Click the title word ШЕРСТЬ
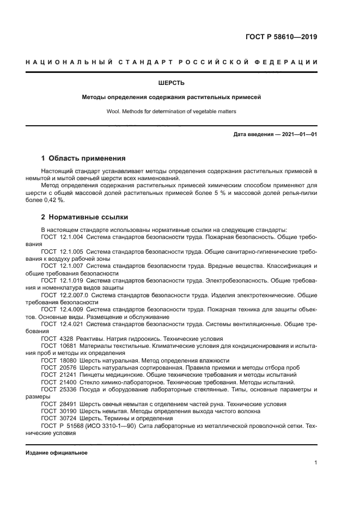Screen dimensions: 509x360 [x=172, y=83]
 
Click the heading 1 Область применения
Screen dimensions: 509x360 [x=83, y=158]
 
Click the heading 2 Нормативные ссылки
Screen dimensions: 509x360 [x=84, y=216]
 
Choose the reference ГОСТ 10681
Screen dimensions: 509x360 [x=56, y=346]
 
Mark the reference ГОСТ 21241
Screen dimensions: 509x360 [x=56, y=375]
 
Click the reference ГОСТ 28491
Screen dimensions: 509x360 [x=56, y=404]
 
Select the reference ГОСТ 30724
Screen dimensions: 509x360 [x=56, y=418]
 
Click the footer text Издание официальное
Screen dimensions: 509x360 [x=56, y=453]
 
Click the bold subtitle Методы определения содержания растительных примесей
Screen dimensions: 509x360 [x=172, y=98]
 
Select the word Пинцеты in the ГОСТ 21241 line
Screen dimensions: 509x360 [x=93, y=375]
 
